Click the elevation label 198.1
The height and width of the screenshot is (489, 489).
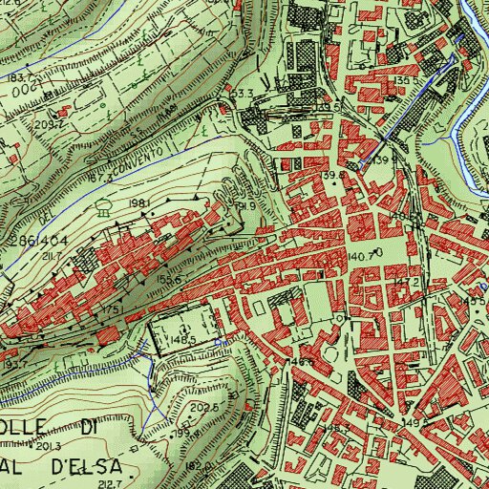[138, 203]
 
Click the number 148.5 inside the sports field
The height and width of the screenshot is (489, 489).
[183, 339]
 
